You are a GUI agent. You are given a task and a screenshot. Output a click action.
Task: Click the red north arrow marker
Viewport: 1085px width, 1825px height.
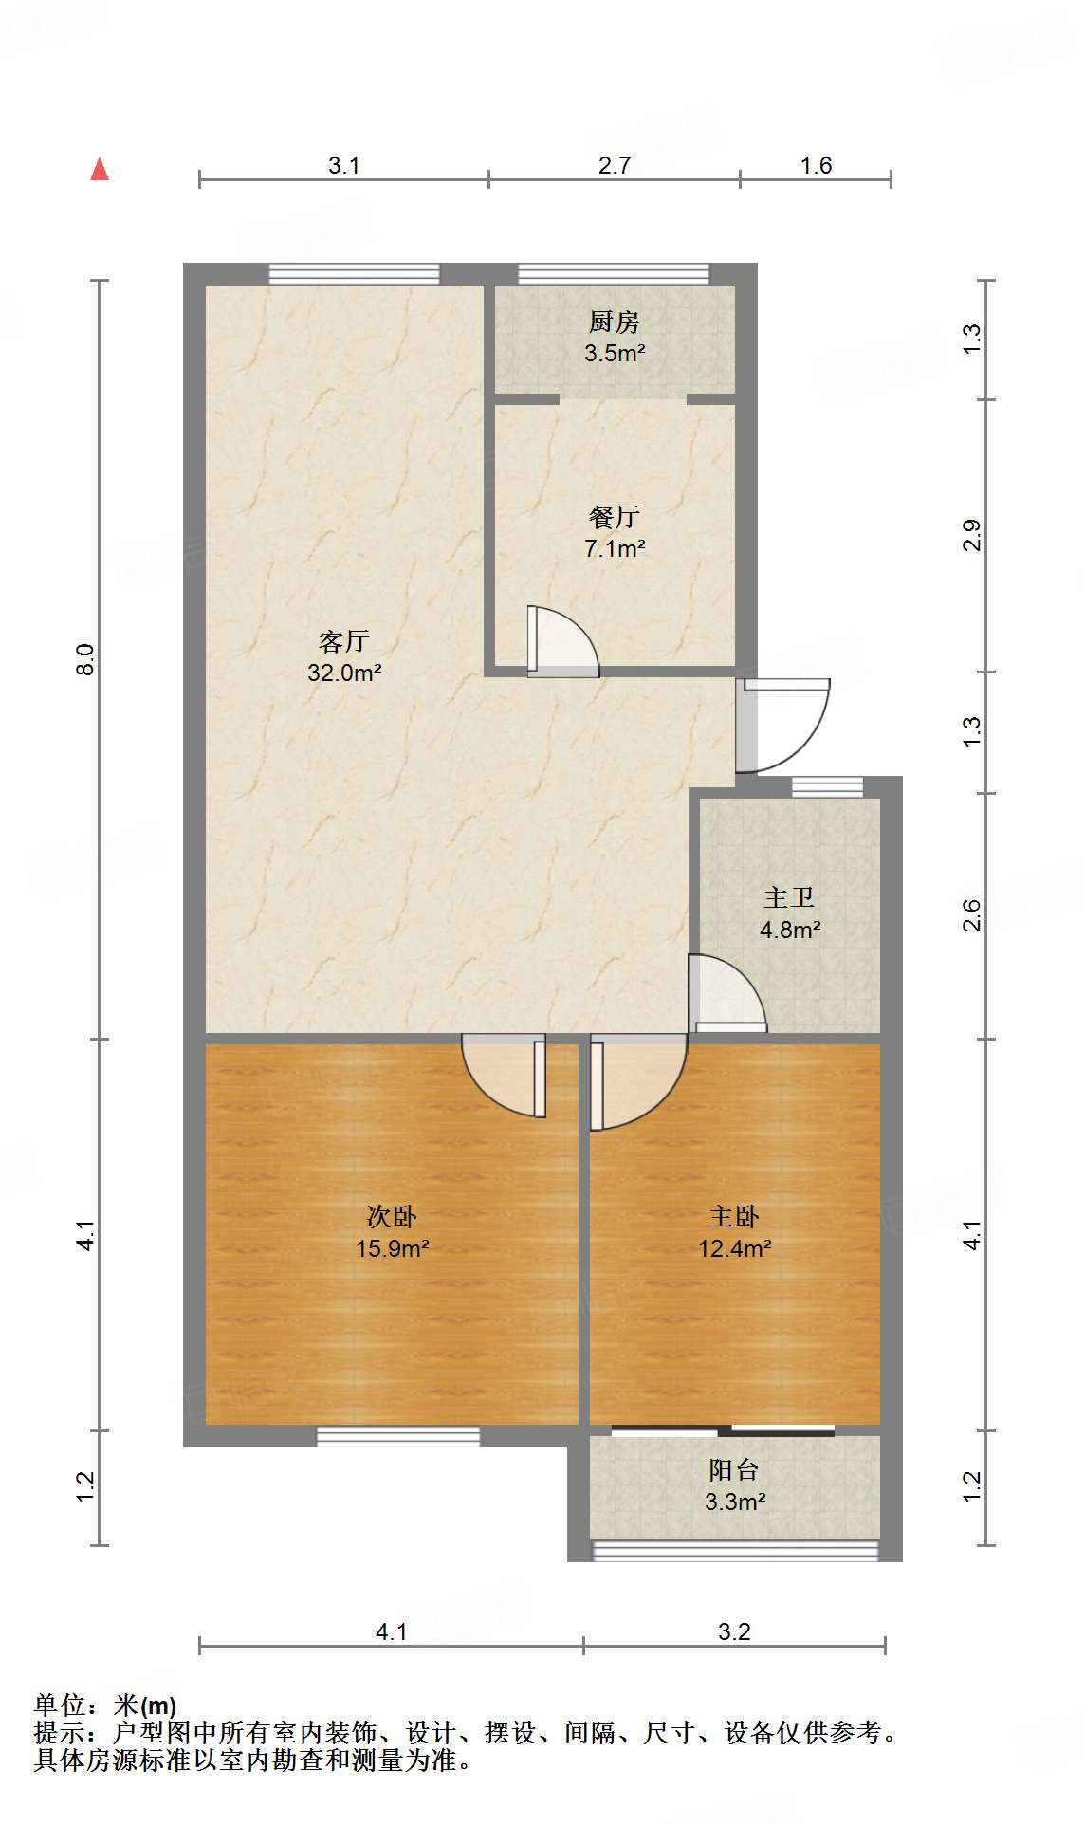(100, 170)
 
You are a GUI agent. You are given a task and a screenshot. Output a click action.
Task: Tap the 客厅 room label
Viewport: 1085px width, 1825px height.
(343, 642)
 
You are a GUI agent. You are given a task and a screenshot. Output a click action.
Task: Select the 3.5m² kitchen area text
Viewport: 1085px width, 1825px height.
(615, 354)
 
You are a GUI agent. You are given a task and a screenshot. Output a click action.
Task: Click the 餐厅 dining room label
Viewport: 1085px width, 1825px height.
(614, 517)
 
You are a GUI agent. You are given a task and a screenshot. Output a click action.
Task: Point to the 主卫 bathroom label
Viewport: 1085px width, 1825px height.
(789, 897)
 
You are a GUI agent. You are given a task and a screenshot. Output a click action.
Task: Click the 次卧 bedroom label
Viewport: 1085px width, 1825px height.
(392, 1217)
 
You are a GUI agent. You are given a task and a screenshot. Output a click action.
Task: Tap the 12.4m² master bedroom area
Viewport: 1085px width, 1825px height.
(734, 1248)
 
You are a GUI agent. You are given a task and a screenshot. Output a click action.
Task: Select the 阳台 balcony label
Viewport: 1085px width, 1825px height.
(733, 1470)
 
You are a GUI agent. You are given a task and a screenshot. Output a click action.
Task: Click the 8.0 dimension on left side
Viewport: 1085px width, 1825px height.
(85, 659)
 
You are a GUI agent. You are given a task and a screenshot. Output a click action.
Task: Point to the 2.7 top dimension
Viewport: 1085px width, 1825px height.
(615, 165)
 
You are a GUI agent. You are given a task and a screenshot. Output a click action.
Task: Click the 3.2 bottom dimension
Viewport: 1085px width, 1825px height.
(734, 1631)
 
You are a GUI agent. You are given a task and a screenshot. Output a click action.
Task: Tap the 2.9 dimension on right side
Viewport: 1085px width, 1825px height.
(971, 536)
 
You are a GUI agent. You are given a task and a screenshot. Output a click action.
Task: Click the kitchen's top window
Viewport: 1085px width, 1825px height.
(614, 274)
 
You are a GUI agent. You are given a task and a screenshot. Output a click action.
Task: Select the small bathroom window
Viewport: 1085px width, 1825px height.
(827, 786)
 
